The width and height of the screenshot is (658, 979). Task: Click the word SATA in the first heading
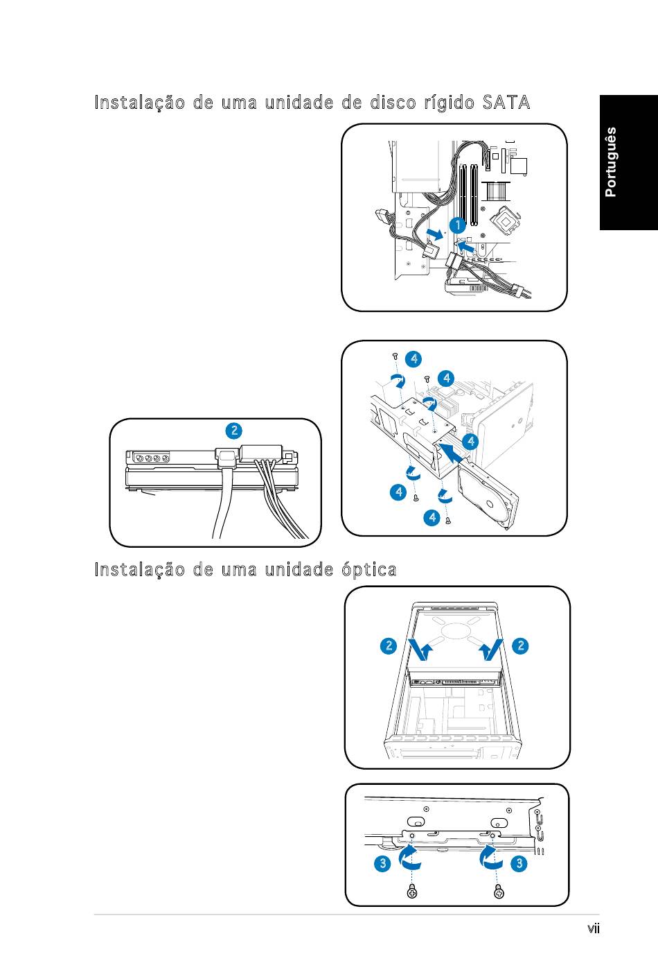(506, 103)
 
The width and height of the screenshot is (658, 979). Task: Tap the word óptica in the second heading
(369, 570)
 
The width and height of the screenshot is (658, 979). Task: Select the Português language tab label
(610, 162)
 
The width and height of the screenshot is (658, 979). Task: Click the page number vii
(593, 928)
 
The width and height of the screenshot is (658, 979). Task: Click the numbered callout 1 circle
(458, 225)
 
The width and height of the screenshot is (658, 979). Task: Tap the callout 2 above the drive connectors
(234, 431)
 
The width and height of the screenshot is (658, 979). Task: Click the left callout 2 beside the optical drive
(389, 646)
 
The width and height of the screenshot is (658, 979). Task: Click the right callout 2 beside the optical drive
(520, 646)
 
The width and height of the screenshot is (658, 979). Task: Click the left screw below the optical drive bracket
(411, 891)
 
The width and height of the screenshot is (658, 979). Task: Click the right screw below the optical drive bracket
(499, 891)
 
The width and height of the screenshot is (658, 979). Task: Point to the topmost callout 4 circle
(414, 359)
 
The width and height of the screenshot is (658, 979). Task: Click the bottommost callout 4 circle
(432, 517)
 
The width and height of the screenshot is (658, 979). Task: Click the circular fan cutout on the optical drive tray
(454, 631)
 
